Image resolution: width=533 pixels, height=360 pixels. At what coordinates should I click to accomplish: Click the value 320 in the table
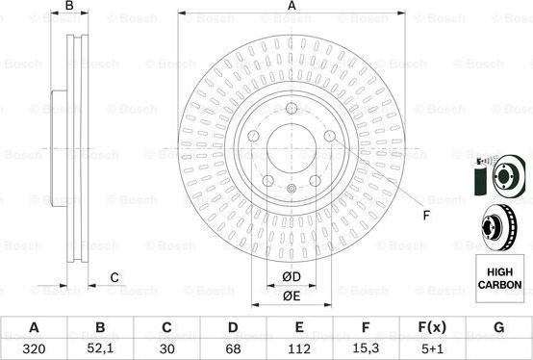[x=34, y=348]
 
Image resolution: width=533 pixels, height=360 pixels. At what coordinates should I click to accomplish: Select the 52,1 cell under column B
[x=100, y=348]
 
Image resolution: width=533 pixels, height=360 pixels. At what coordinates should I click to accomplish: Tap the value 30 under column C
[x=166, y=348]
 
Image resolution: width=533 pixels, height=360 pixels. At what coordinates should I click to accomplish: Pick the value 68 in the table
[x=233, y=348]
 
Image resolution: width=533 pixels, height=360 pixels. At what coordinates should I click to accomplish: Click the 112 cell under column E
[x=299, y=348]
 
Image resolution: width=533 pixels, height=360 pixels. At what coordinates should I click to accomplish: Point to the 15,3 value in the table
[x=366, y=348]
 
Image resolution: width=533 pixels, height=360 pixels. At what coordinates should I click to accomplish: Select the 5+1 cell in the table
[x=432, y=348]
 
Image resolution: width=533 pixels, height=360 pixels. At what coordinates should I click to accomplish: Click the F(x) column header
[x=432, y=327]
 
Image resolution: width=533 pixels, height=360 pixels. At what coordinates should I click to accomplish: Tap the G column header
[x=498, y=327]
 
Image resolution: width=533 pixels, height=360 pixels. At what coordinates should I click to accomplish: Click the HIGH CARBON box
[x=499, y=278]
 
